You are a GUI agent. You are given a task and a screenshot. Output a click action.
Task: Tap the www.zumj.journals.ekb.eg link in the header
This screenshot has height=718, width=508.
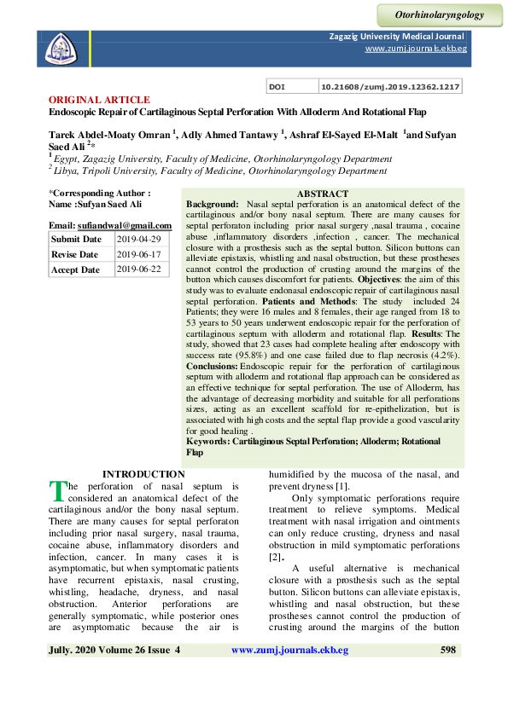coord(416,49)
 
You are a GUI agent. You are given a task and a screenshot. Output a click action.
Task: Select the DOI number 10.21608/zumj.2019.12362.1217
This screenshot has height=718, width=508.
coord(390,87)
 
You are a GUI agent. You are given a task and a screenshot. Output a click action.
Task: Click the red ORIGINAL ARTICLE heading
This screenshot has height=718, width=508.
coord(99,100)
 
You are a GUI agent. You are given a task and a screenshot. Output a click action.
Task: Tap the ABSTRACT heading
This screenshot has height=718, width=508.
coord(322,194)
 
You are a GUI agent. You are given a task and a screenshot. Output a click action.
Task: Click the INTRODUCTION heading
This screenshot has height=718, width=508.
coord(143,474)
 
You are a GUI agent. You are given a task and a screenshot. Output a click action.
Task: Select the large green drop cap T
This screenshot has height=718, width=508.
coord(57,490)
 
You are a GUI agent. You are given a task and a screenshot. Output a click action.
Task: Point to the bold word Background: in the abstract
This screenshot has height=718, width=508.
coord(213,205)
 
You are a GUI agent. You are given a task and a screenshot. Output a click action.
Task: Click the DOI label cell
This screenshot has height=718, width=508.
coord(277,87)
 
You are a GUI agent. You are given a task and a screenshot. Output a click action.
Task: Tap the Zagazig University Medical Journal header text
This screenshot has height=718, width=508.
coord(397,37)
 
